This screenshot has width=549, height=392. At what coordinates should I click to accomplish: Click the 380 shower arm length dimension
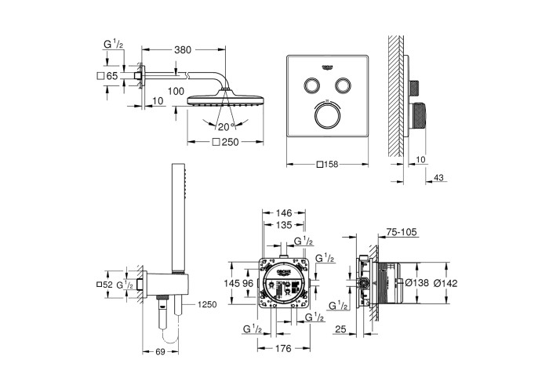click(183, 49)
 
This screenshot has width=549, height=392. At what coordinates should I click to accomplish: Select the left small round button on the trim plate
click(311, 85)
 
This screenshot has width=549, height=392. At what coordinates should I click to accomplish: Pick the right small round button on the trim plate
click(343, 85)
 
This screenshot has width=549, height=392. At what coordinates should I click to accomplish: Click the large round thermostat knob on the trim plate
click(326, 115)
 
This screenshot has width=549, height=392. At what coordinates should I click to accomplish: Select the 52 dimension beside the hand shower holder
click(107, 285)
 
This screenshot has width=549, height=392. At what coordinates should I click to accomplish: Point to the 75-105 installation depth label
click(402, 232)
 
